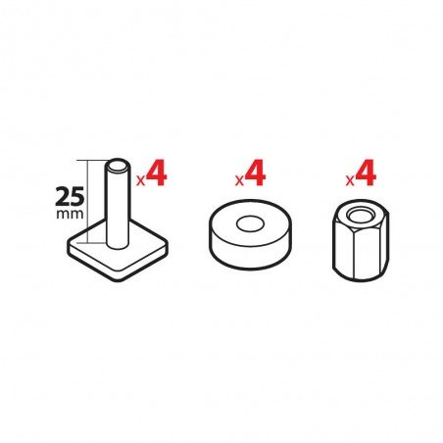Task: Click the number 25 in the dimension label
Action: pyautogui.click(x=70, y=196)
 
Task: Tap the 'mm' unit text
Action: pyautogui.click(x=70, y=215)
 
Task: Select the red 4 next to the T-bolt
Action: pyautogui.click(x=157, y=172)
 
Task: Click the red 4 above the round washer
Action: pyautogui.click(x=256, y=172)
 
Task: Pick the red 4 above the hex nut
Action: pyautogui.click(x=366, y=172)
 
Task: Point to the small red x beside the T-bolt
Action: pyautogui.click(x=140, y=180)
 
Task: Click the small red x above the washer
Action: pyautogui.click(x=239, y=180)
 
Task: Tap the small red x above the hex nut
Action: pyautogui.click(x=350, y=180)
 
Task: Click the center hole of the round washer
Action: pyautogui.click(x=250, y=223)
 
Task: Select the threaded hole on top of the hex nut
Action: pyautogui.click(x=361, y=215)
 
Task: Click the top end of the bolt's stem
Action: pyautogui.click(x=118, y=166)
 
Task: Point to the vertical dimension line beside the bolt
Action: pyautogui.click(x=88, y=202)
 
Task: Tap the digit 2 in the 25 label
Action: pyautogui.click(x=63, y=196)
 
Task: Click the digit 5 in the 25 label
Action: pyautogui.click(x=77, y=196)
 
